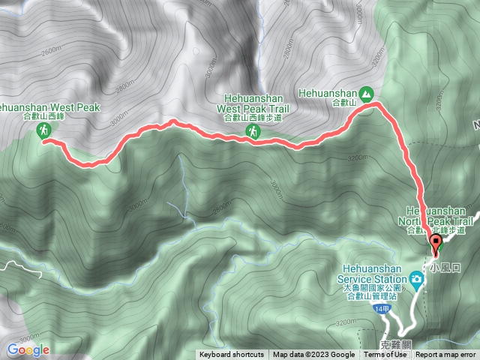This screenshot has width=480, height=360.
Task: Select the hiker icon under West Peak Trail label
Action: pyautogui.click(x=255, y=133)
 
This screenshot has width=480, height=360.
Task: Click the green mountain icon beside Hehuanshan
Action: pyautogui.click(x=366, y=93)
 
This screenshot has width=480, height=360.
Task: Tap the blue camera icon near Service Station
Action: pyautogui.click(x=415, y=280)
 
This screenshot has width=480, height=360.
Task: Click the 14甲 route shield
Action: pyautogui.click(x=383, y=309)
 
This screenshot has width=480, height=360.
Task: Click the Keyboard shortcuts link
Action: pyautogui.click(x=231, y=355)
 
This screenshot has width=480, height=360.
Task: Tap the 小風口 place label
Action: pyautogui.click(x=443, y=265)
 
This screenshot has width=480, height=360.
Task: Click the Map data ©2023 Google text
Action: pyautogui.click(x=313, y=355)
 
